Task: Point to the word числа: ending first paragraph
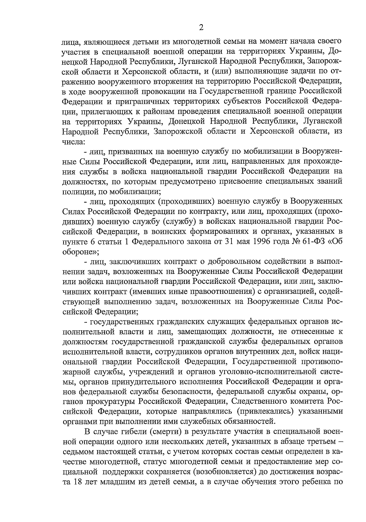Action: point(72,141)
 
